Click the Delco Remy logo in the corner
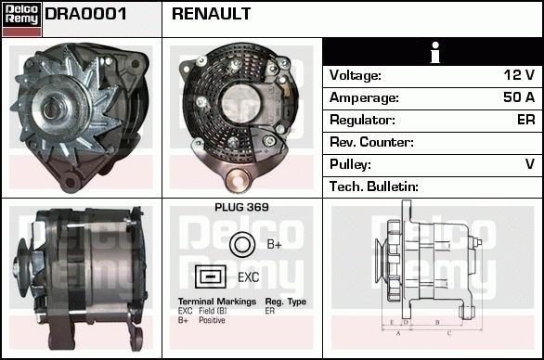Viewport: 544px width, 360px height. [x=21, y=19]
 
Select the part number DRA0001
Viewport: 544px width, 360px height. [x=85, y=14]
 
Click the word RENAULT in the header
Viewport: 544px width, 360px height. [x=211, y=14]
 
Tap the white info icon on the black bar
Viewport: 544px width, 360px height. [x=435, y=52]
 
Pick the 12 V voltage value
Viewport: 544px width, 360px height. [x=519, y=74]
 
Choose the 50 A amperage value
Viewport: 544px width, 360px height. [x=519, y=97]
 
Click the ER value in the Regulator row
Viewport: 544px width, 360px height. [x=526, y=120]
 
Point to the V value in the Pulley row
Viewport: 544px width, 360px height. [x=530, y=164]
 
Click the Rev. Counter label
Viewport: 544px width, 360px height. [x=371, y=142]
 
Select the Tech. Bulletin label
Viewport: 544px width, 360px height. [x=374, y=186]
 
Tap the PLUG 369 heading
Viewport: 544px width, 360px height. [x=241, y=207]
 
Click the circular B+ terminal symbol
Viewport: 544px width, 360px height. [x=242, y=244]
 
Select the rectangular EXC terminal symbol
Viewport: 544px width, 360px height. [x=211, y=276]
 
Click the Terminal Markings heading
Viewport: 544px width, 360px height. [x=217, y=302]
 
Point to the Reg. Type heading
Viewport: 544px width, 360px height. [x=286, y=302]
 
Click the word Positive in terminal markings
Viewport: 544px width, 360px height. [x=212, y=320]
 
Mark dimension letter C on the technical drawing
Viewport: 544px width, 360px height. [x=449, y=333]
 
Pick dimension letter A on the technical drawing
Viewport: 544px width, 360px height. [x=398, y=333]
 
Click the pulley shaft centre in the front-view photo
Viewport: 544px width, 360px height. [x=52, y=109]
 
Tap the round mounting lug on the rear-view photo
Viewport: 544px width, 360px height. [x=238, y=179]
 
